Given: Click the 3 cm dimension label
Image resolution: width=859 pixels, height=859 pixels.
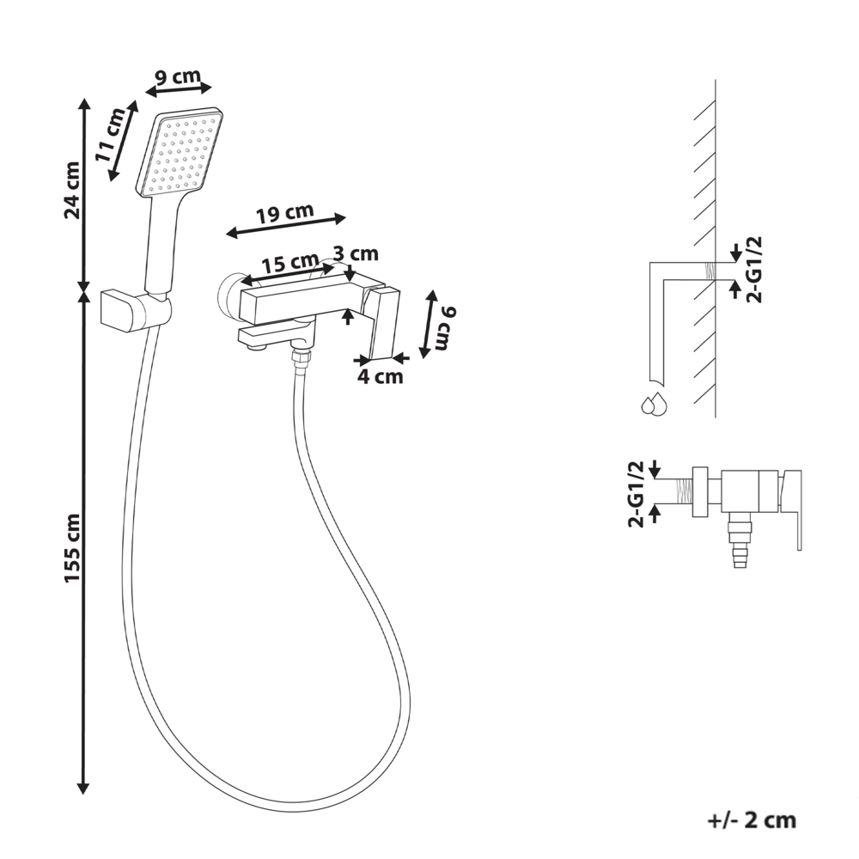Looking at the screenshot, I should pos(355,253).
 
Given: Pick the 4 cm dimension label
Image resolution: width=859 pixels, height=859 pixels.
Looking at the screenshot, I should pos(380,376).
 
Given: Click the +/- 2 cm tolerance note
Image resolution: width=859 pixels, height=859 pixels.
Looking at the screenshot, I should pos(752,820).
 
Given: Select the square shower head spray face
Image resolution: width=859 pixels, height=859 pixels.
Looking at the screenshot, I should pos(181,153).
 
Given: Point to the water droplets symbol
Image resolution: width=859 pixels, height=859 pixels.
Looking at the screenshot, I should pos(654,404).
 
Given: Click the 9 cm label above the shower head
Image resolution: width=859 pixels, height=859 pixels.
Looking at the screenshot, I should pos(177,76).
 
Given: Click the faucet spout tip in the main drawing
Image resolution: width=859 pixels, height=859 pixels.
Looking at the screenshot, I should pos(251,344).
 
